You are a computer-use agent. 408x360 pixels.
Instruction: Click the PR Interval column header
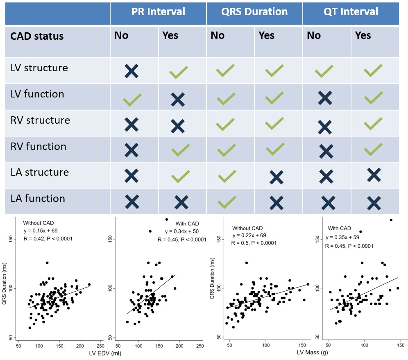pos(158,11)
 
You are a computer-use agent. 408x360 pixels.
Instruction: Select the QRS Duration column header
pos(254,11)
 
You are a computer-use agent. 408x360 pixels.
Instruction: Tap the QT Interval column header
pos(351,11)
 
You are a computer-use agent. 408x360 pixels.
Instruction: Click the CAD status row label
pos(37,36)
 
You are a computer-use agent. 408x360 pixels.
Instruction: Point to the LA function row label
pos(38,199)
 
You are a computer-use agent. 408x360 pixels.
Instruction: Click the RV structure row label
pos(40,120)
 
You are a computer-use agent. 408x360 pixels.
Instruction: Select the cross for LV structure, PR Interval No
pos(131,71)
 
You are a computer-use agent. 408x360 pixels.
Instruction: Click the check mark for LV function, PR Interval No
pos(132,99)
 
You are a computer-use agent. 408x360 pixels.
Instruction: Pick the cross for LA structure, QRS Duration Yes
pos(276,177)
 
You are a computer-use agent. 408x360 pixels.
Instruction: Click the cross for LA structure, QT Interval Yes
pos(374,174)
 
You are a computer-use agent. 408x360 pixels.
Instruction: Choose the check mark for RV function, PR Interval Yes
pos(180,150)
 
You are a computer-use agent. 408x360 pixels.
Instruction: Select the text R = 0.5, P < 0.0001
pos(254,243)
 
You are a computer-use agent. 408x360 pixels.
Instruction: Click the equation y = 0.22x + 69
pos(252,235)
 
